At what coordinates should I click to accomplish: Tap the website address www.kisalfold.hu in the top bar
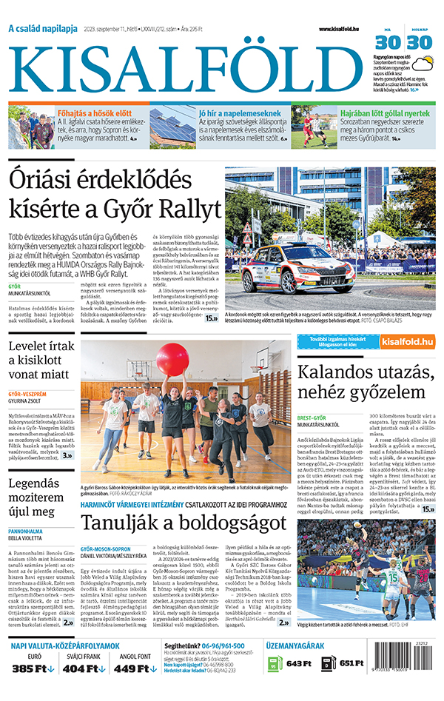point(343,30)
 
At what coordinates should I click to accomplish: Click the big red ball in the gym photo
point(172,360)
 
